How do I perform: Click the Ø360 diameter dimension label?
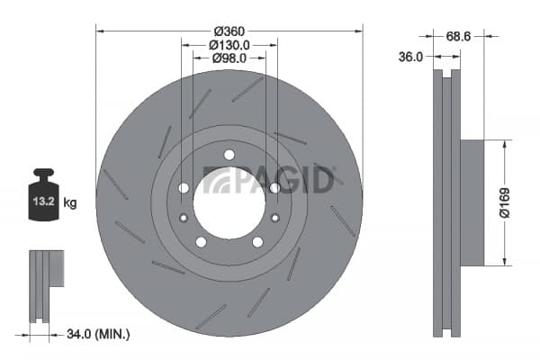click(229, 31)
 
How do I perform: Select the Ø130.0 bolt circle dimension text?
click(229, 45)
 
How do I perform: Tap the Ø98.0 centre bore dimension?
click(229, 58)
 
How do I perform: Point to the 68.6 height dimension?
click(458, 37)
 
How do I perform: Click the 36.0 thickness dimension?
click(410, 57)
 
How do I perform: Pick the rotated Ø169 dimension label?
click(504, 202)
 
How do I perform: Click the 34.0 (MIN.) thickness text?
click(98, 334)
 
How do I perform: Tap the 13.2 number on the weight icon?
click(44, 201)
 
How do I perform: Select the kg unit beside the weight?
click(70, 202)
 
